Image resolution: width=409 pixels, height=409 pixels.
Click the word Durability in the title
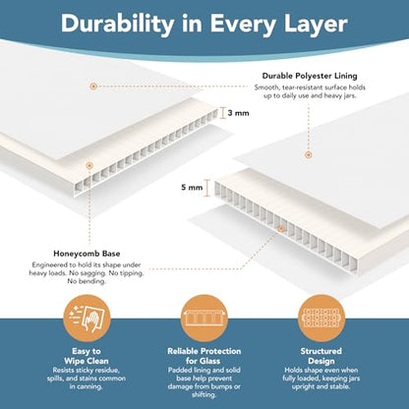point(118,25)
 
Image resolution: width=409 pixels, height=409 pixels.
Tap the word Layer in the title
point(316,25)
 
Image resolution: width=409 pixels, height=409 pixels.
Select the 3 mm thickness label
point(238,113)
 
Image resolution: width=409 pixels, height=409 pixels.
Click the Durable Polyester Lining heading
point(310,76)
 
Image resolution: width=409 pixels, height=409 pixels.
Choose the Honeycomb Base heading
point(87,254)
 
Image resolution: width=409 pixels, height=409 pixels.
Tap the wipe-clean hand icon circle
point(87,318)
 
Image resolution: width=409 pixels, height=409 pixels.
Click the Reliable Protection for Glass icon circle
point(204,318)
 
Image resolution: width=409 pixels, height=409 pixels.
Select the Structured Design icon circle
point(321,318)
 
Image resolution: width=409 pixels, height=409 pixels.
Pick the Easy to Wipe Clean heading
point(87,356)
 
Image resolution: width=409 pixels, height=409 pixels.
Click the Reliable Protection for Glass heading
point(204,356)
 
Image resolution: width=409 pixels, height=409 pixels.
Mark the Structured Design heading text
point(321,356)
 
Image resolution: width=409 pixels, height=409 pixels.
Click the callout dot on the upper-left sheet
point(93,87)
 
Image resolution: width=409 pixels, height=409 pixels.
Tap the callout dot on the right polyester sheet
point(308,155)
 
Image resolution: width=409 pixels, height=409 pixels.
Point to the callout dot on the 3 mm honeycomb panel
point(89,165)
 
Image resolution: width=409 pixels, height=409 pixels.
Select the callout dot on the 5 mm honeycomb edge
point(281,229)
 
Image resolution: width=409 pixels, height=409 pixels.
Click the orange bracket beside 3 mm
point(223,113)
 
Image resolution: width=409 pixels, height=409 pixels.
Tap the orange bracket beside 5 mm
point(207,188)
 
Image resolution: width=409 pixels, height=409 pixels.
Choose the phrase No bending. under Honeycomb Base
point(87,281)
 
